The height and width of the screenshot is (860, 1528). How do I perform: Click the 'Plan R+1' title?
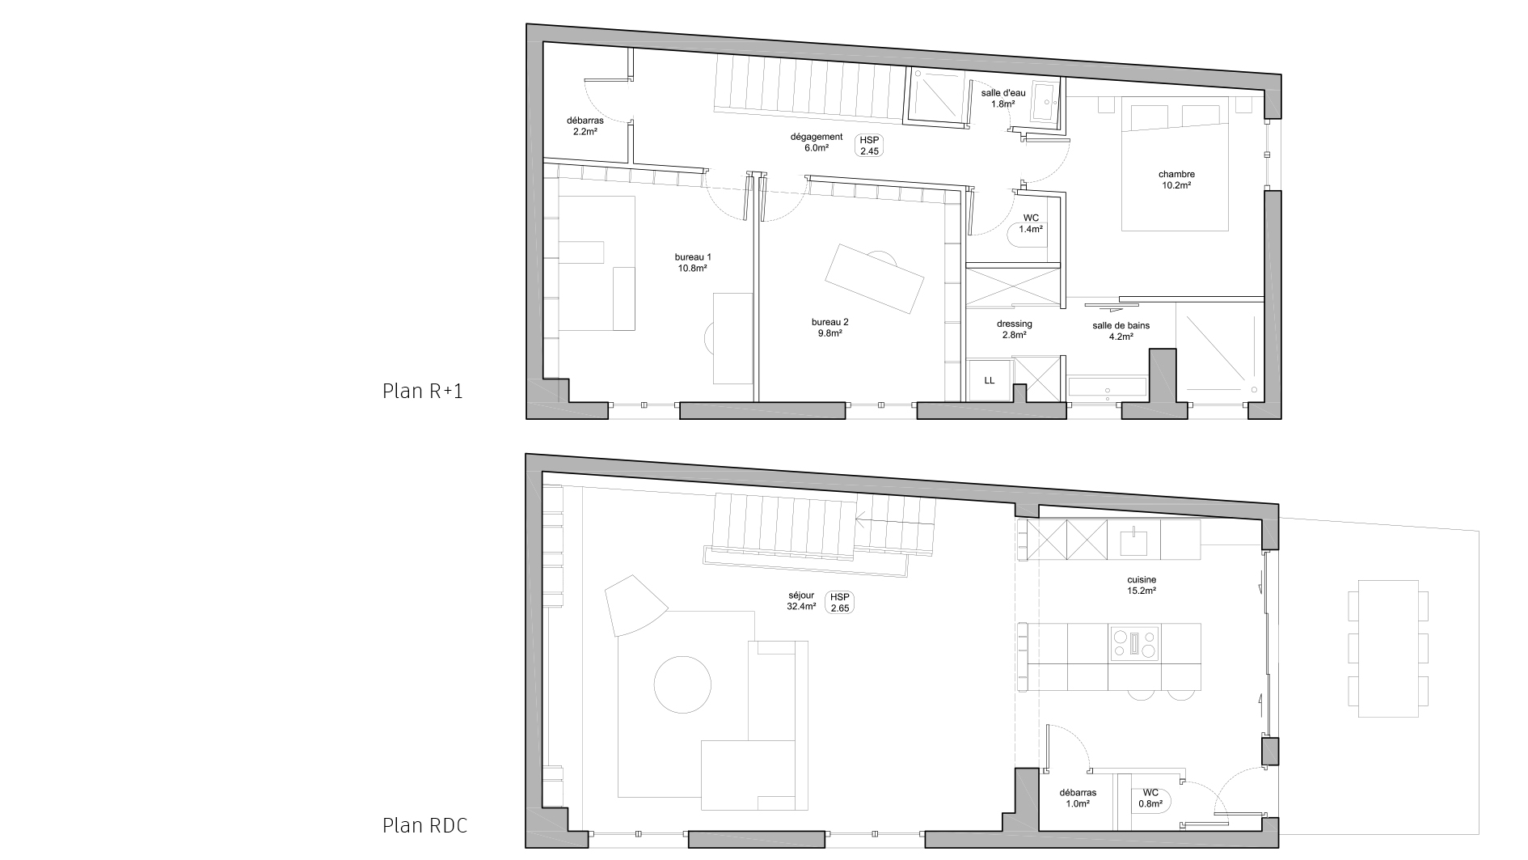(x=422, y=392)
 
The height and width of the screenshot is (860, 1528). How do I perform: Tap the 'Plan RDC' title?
(x=424, y=826)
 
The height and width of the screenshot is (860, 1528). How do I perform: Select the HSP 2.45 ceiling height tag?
(x=869, y=146)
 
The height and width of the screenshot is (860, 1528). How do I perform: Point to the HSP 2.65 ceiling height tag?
(x=840, y=603)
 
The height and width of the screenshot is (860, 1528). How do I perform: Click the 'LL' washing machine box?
(x=989, y=380)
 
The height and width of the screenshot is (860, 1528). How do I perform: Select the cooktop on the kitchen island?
(x=1135, y=643)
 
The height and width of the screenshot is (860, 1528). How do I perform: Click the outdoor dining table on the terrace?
(x=1388, y=648)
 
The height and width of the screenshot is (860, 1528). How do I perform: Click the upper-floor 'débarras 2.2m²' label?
(x=585, y=126)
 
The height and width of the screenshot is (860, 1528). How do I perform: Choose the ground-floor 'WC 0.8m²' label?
(x=1150, y=799)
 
